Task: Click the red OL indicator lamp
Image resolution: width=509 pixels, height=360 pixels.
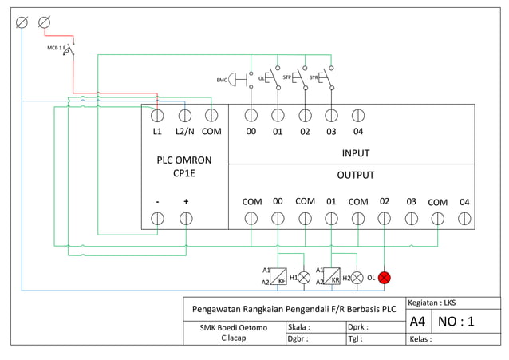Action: click(x=384, y=278)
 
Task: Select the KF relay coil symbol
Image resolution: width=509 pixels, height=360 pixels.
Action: click(x=278, y=276)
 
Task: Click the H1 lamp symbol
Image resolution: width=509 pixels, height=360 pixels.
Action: click(x=304, y=278)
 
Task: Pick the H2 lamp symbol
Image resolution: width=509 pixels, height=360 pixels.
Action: click(x=357, y=278)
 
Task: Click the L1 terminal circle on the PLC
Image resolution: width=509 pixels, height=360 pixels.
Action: click(x=157, y=115)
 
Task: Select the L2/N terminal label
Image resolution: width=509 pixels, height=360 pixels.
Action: click(x=184, y=132)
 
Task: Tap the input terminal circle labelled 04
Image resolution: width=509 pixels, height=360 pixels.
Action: click(x=357, y=115)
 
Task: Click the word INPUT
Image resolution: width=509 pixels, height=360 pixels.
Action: click(x=355, y=153)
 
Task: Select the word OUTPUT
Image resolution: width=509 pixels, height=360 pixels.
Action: click(x=355, y=175)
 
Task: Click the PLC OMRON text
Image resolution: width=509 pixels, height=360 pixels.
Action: click(x=184, y=160)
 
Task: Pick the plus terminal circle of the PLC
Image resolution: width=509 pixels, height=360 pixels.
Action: click(x=185, y=218)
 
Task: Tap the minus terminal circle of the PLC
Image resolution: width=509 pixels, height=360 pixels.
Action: click(x=157, y=218)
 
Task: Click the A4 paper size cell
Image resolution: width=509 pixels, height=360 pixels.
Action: click(x=417, y=322)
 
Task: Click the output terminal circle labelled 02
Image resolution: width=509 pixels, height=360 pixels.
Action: click(x=384, y=218)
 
